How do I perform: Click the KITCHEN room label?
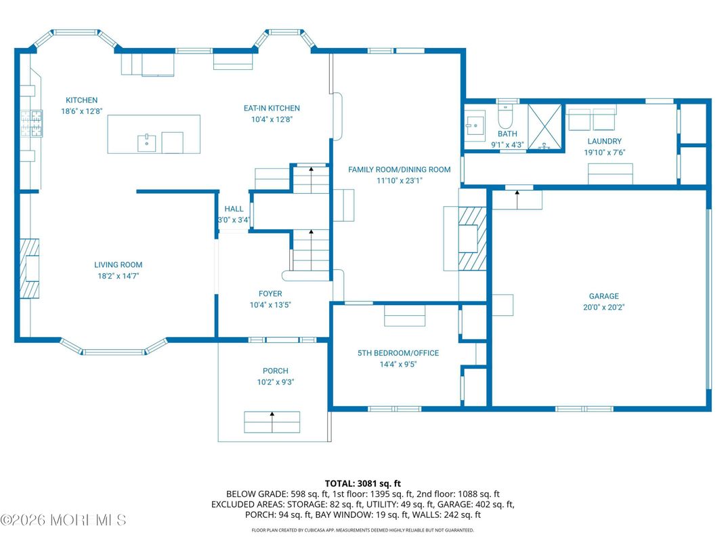click(x=81, y=100)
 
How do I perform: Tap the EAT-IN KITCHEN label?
click(x=272, y=108)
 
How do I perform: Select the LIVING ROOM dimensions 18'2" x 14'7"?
click(x=118, y=276)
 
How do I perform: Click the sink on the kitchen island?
click(x=146, y=143)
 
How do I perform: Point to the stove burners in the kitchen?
click(x=31, y=124)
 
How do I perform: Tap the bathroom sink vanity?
click(x=475, y=122)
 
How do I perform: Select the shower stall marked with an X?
click(x=544, y=127)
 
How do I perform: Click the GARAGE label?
click(x=604, y=296)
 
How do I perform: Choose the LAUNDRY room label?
click(x=604, y=141)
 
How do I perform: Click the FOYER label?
click(x=270, y=294)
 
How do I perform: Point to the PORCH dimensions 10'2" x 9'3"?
click(x=276, y=382)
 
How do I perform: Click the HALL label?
click(x=234, y=209)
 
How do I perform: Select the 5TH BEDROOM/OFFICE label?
click(x=398, y=353)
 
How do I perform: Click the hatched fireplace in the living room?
click(x=29, y=268)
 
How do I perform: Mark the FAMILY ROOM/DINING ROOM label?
click(x=399, y=169)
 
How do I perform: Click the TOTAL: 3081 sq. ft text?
click(x=362, y=484)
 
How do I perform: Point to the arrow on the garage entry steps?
click(x=517, y=199)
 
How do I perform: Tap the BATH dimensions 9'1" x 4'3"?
click(x=507, y=145)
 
